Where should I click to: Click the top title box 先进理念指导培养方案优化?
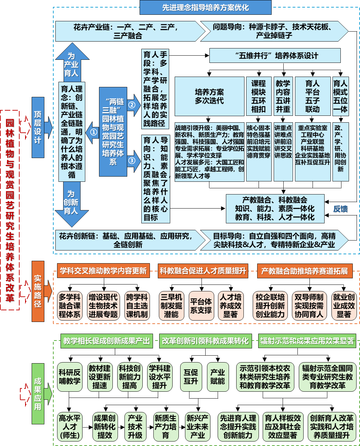pos(205,8)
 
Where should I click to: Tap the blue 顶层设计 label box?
pos(38,127)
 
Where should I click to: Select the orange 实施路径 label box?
pos(38,291)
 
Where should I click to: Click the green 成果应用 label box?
pos(38,394)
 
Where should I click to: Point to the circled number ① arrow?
pos(93,132)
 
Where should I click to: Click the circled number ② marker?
pos(132,105)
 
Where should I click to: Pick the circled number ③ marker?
pos(132,160)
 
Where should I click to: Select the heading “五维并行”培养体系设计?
pos(275,56)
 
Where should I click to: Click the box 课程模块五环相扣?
pos(258,96)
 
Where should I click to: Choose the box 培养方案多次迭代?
pos(209,96)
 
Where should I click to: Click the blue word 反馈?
pos(340,209)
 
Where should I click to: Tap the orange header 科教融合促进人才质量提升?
pos(203,271)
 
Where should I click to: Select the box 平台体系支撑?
pos(201,306)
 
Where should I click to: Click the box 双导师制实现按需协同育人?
pos(309,306)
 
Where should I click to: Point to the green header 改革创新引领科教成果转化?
pos(205,341)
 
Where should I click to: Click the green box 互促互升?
pos(191,377)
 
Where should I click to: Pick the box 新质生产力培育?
pos(165,427)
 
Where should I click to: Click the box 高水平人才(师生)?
pos(70,427)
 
